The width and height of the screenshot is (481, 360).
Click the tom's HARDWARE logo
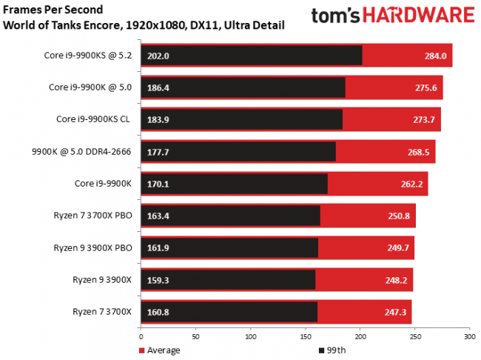pyautogui.click(x=392, y=18)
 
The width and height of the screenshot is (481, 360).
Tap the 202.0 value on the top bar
pyautogui.click(x=156, y=55)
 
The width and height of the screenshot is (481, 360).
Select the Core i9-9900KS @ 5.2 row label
pyautogui.click(x=88, y=55)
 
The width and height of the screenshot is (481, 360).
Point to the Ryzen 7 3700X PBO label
pyautogui.click(x=92, y=216)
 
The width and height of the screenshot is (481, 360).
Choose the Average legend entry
pyautogui.click(x=161, y=349)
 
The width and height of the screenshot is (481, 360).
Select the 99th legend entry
pyautogui.click(x=332, y=349)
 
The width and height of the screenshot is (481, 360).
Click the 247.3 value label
pyautogui.click(x=395, y=312)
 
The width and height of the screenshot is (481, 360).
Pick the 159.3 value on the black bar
pyautogui.click(x=156, y=280)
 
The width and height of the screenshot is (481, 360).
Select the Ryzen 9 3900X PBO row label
pyautogui.click(x=92, y=247)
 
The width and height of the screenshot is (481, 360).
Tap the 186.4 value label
pyautogui.click(x=156, y=87)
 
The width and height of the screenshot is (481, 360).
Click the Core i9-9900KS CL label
pyautogui.click(x=94, y=119)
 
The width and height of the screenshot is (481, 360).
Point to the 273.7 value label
pyautogui.click(x=424, y=119)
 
